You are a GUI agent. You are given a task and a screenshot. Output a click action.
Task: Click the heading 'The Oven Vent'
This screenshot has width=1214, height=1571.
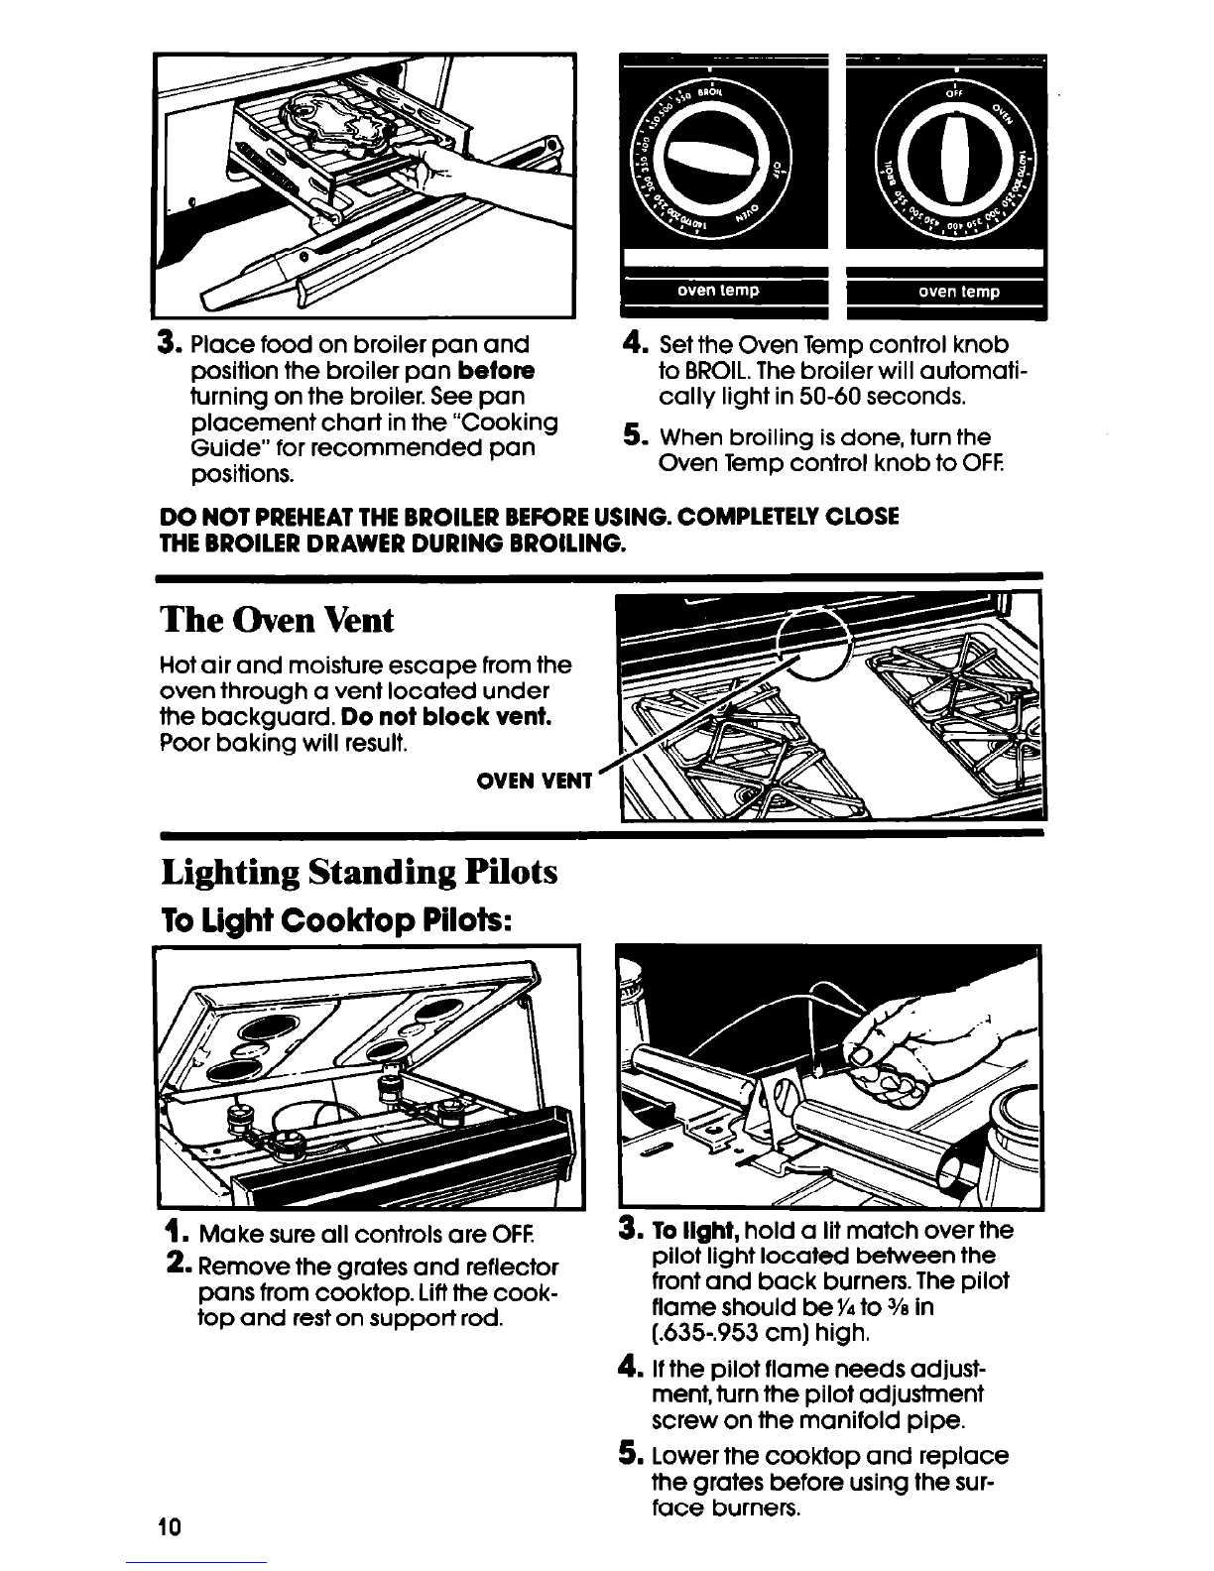coord(277,621)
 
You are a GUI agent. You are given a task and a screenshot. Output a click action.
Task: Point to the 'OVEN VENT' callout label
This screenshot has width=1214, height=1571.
coord(535,780)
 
